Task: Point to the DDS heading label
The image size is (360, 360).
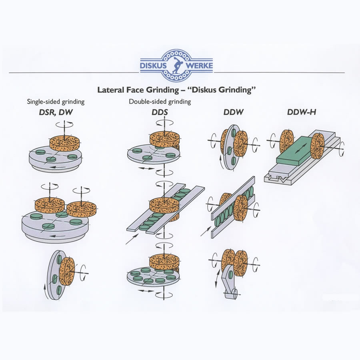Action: point(160,112)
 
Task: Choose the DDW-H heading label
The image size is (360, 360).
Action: point(302,112)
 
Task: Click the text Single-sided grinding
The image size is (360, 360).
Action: point(56,102)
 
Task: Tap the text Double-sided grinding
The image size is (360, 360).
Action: point(160,102)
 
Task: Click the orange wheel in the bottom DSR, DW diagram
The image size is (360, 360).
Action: point(67,272)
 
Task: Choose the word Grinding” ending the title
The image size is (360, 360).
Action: point(236,90)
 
